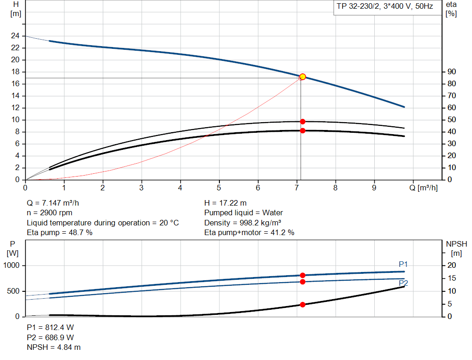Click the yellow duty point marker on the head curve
pyautogui.click(x=302, y=77)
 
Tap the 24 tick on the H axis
pyautogui.click(x=15, y=36)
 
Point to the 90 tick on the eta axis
pyautogui.click(x=452, y=72)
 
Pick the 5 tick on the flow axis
pyautogui.click(x=219, y=188)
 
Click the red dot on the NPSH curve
pyautogui.click(x=302, y=305)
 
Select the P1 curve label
pyautogui.click(x=403, y=264)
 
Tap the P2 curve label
pyautogui.click(x=403, y=283)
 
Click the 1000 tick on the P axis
pyautogui.click(x=12, y=266)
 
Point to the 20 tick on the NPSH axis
pyautogui.click(x=451, y=266)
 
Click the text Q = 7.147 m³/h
pyautogui.click(x=56, y=203)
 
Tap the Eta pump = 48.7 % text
pyautogui.click(x=59, y=233)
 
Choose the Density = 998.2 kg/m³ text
pyautogui.click(x=243, y=223)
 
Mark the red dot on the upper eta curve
pyautogui.click(x=302, y=122)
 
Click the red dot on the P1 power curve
pyautogui.click(x=302, y=275)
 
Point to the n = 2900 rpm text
pyautogui.click(x=50, y=213)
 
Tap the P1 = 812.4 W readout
pyautogui.click(x=50, y=327)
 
